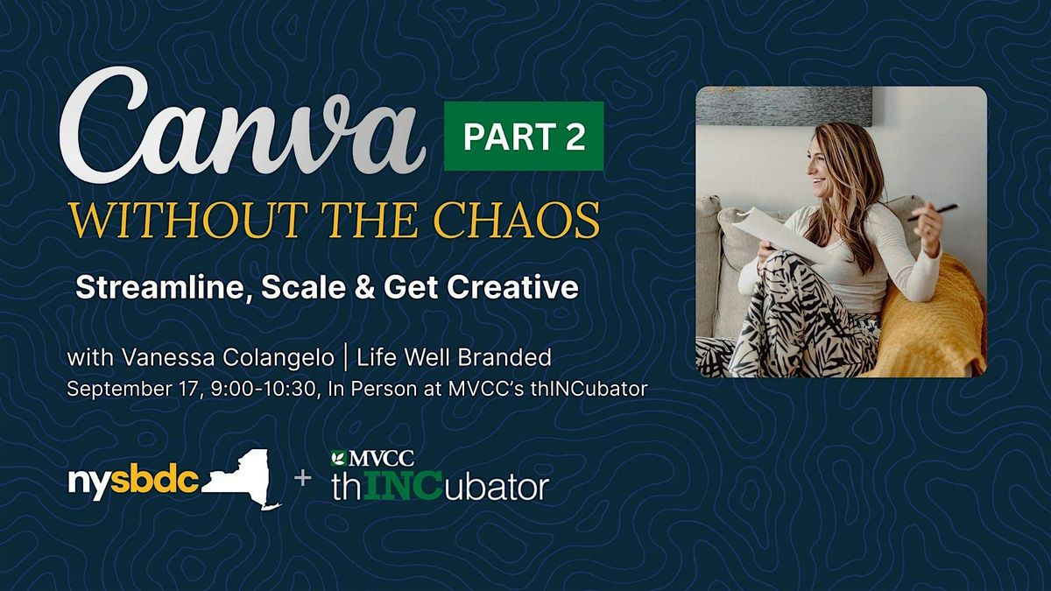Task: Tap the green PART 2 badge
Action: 524,136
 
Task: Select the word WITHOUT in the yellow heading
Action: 185,220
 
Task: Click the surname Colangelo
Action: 279,358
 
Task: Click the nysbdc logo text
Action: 134,482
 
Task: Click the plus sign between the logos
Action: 303,478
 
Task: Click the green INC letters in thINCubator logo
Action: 403,488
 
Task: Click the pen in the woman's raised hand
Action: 931,212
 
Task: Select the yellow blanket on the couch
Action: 931,319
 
